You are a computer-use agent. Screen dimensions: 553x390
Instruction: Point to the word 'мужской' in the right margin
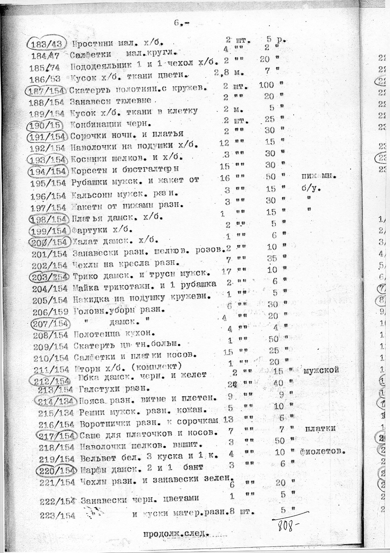click(321, 370)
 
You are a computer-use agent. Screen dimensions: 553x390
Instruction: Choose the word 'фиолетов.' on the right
click(323, 451)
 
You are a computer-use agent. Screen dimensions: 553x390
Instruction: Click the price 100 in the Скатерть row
click(266, 85)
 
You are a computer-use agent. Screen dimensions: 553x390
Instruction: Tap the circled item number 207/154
click(51, 324)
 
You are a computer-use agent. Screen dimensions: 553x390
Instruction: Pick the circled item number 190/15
click(46, 124)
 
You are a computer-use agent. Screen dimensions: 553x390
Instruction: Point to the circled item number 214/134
click(55, 401)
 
